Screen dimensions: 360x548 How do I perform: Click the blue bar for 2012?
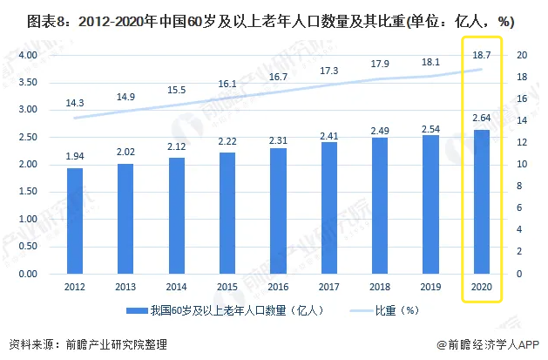coord(75,221)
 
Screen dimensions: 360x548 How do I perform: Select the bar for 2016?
coord(278,211)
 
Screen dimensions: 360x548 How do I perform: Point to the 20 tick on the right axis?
coord(521,55)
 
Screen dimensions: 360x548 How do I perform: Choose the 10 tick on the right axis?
coord(521,165)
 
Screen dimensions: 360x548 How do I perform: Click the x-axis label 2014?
coord(176,286)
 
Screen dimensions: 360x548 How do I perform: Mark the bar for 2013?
coord(125,219)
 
